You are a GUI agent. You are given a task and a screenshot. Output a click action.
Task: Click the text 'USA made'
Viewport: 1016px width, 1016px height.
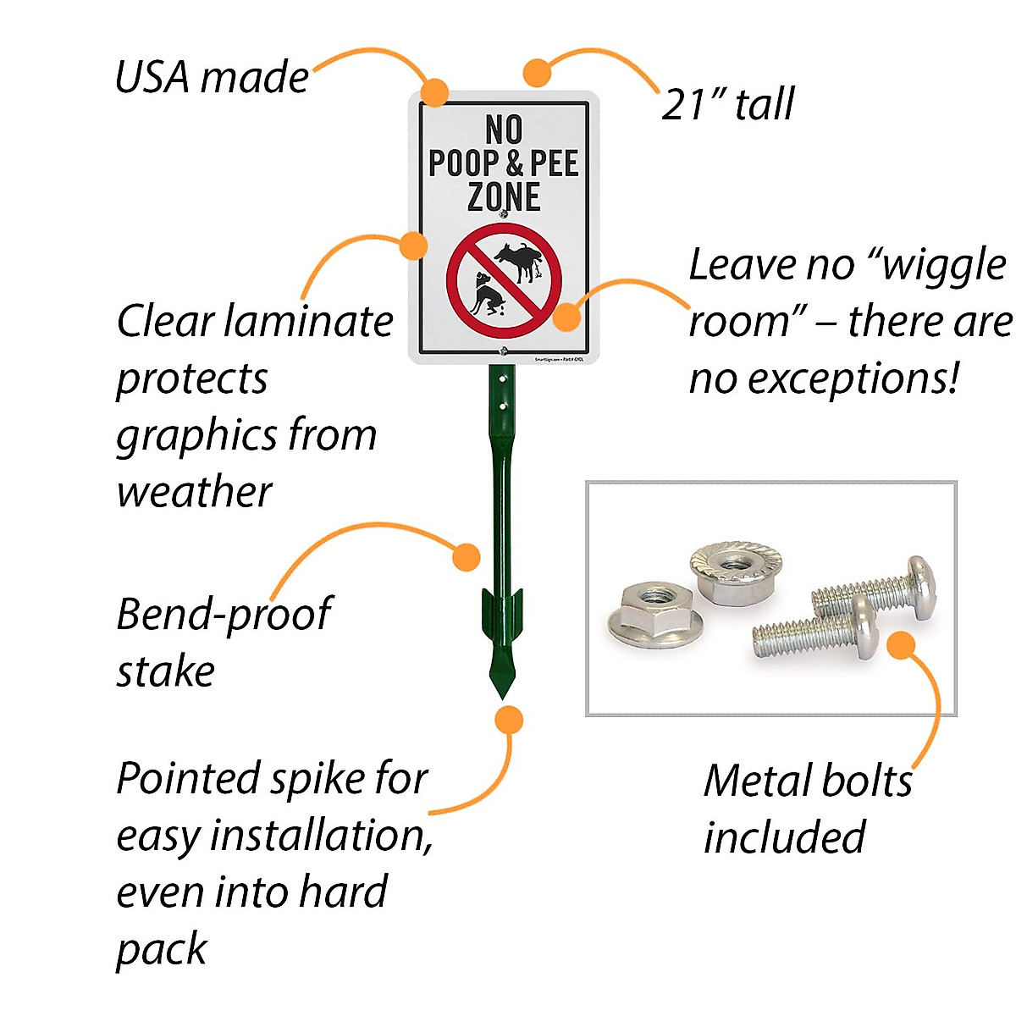[x=212, y=78]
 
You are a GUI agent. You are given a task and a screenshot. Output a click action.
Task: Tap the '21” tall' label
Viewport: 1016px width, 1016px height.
[x=727, y=105]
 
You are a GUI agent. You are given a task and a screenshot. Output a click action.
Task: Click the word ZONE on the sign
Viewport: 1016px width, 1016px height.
[x=504, y=197]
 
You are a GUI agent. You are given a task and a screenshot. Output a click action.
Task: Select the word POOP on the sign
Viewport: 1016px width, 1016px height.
[x=463, y=163]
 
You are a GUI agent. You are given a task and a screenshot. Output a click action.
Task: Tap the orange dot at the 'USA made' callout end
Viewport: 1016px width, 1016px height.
[x=435, y=92]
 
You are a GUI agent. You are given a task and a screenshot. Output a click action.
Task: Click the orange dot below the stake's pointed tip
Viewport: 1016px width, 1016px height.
[x=509, y=720]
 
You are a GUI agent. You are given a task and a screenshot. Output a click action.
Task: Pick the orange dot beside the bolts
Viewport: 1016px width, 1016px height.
[x=901, y=645]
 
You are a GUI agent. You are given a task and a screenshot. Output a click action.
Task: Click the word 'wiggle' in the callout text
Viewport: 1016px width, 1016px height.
[x=944, y=266]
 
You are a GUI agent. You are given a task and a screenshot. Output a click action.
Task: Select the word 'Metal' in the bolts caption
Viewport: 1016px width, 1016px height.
[x=757, y=781]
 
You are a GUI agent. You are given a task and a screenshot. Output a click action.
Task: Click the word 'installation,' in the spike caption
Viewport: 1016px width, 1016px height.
[x=322, y=837]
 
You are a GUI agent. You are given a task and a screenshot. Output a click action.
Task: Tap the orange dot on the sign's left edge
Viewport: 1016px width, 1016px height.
[x=412, y=246]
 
